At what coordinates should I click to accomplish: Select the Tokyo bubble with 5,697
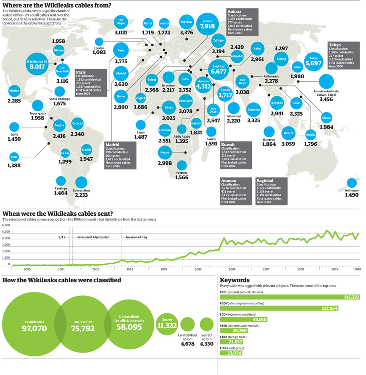313,61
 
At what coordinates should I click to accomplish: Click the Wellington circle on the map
352,183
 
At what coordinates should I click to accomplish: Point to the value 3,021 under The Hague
121,33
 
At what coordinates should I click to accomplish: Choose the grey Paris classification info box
89,82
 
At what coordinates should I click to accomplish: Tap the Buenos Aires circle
81,182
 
